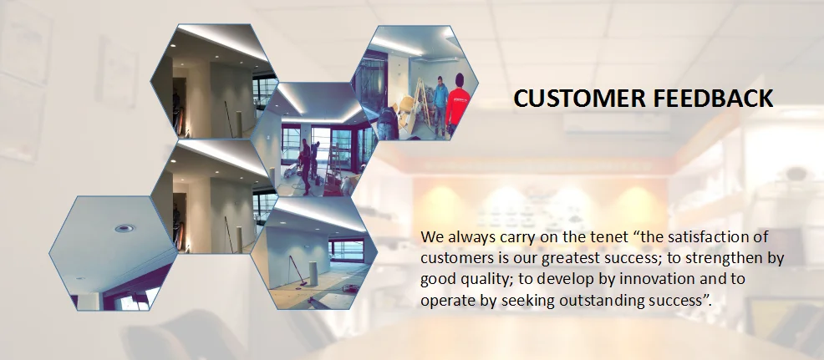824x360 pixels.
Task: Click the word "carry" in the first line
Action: pyautogui.click(x=512, y=236)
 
